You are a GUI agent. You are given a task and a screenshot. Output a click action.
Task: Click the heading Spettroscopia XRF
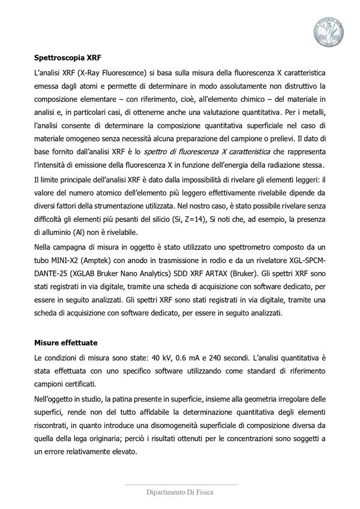click(x=67, y=59)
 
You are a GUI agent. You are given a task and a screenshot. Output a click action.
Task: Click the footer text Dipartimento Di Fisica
click(x=180, y=492)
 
